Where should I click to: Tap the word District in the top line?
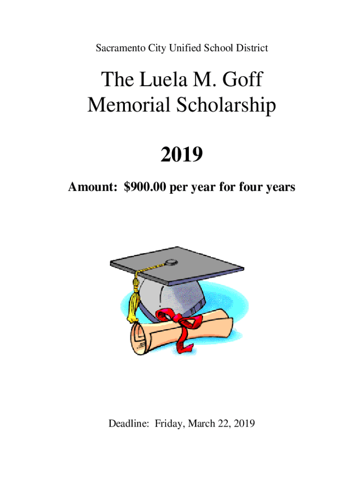coord(252,48)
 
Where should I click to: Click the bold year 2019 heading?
coord(181,154)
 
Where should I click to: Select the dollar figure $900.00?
coord(145,188)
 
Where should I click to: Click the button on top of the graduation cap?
coord(172,261)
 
